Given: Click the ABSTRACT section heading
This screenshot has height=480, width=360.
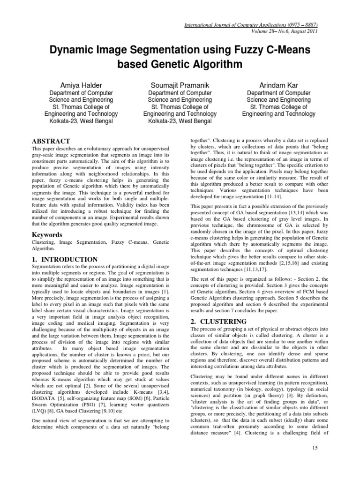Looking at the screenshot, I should (51, 141).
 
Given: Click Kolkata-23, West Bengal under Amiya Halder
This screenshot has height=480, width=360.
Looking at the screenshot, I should (81, 120).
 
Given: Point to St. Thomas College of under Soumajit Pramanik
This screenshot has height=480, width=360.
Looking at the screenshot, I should (180, 106).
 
